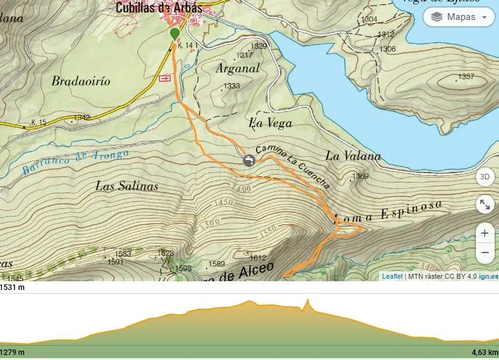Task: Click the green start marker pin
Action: [174, 33]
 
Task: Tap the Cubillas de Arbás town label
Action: [159, 8]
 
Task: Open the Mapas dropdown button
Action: [459, 17]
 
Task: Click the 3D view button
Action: [485, 177]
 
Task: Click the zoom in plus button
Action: [485, 233]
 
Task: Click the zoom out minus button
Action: [485, 252]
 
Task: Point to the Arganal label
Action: [237, 69]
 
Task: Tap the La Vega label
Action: [270, 123]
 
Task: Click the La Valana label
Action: [353, 156]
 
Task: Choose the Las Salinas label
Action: [127, 186]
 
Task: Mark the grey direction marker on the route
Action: [249, 161]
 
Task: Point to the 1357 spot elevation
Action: [466, 77]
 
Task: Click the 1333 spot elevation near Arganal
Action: [232, 86]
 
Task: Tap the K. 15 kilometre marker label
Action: [39, 122]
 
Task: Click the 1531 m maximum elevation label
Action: [13, 287]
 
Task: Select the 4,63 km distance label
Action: [485, 352]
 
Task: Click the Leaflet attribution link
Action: [392, 276]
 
